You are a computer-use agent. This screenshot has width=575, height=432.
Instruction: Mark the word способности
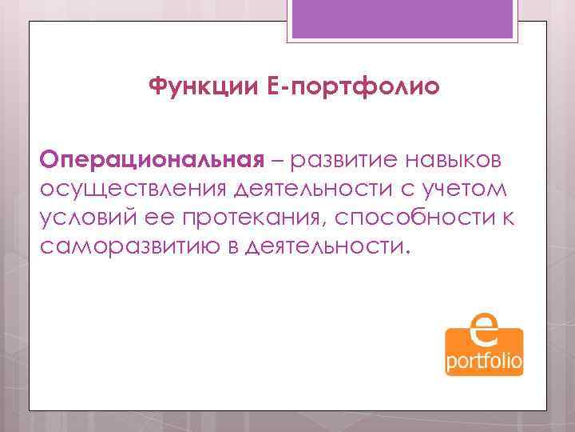pyautogui.click(x=418, y=218)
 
